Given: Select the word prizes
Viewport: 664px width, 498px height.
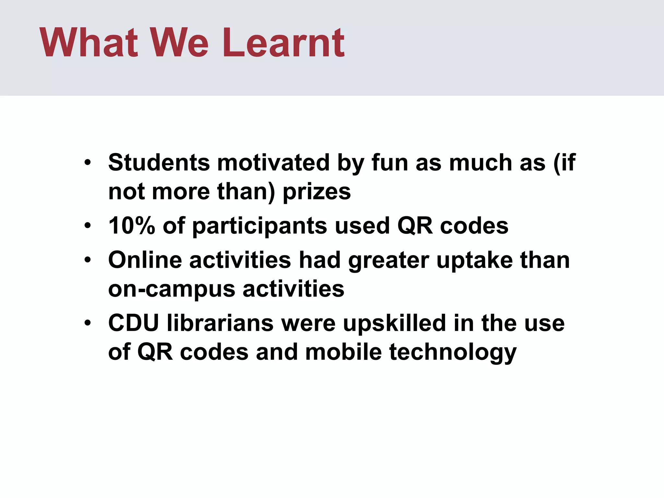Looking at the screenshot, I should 317,192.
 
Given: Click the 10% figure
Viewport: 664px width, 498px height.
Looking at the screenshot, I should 132,226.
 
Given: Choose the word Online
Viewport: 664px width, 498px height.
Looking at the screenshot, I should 145,260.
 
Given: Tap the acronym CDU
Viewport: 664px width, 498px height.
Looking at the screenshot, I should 134,323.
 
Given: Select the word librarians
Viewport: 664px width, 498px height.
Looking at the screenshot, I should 220,323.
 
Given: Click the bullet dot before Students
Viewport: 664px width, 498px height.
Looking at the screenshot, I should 88,163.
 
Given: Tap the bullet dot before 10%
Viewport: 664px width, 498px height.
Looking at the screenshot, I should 88,226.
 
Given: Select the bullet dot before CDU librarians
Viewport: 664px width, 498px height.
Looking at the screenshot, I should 88,324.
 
